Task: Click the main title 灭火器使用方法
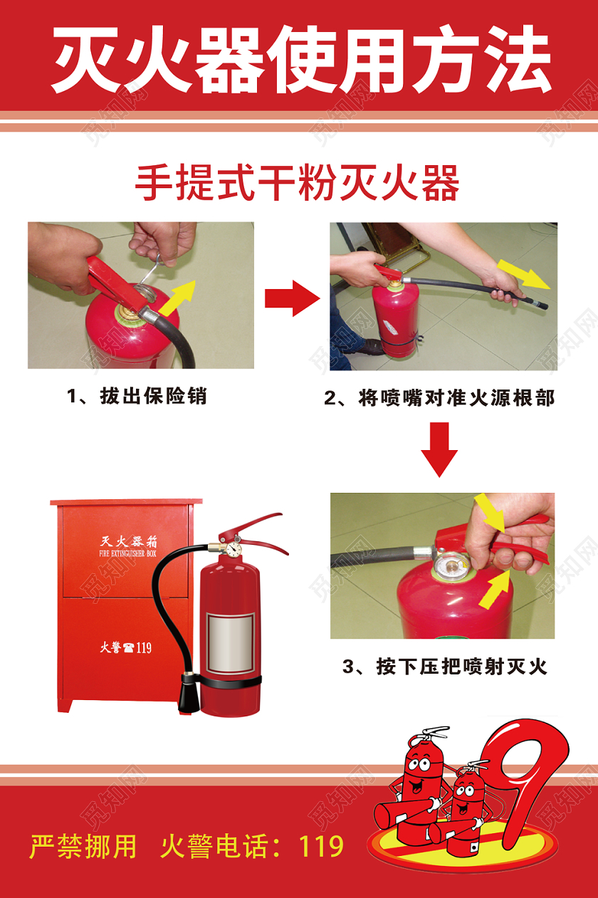click(x=299, y=61)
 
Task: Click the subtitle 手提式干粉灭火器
click(x=298, y=183)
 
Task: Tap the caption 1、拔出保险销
click(x=137, y=395)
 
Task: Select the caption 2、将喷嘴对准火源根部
click(x=439, y=397)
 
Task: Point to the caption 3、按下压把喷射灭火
click(x=444, y=667)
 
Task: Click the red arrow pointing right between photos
click(x=292, y=298)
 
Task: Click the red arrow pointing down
click(x=439, y=449)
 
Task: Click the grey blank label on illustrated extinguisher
click(x=230, y=643)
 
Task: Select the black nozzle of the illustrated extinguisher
click(x=188, y=694)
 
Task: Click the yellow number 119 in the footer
click(x=321, y=846)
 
